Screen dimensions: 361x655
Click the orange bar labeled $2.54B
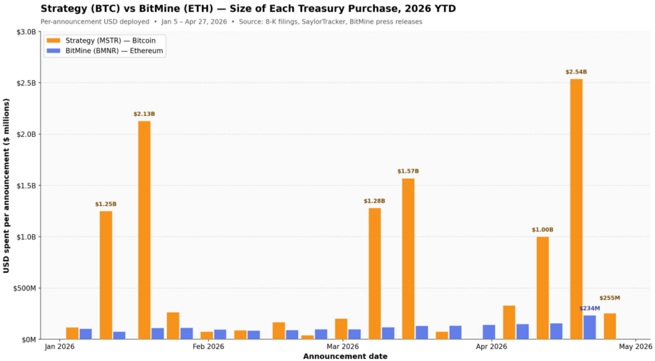click(576, 209)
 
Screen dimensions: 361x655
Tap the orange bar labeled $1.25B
click(106, 275)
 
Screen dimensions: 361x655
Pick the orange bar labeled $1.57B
click(408, 259)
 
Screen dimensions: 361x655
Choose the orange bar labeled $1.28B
click(375, 273)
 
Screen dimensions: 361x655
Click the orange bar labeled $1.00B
click(542, 287)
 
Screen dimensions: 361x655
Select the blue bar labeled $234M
click(590, 327)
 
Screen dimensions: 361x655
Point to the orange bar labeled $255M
click(610, 326)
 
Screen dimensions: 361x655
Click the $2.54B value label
click(576, 72)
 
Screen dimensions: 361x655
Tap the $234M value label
click(590, 309)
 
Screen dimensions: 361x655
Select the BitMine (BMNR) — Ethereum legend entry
click(105, 51)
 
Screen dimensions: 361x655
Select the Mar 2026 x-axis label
click(343, 347)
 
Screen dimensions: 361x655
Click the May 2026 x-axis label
click(635, 347)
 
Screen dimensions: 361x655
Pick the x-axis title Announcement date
click(345, 356)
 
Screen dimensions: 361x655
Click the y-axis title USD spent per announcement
click(6, 186)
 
